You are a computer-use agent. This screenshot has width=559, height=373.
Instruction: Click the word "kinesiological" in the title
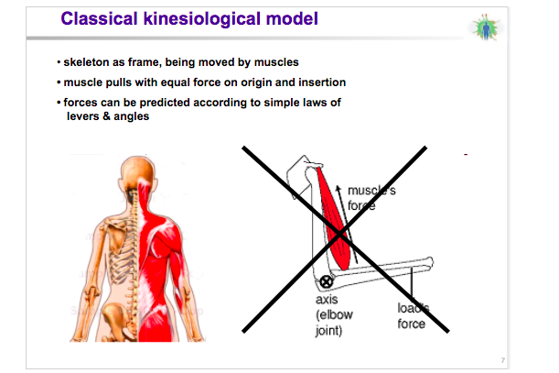[x=202, y=19]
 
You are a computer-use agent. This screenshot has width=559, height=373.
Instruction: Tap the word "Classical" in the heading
[x=99, y=18]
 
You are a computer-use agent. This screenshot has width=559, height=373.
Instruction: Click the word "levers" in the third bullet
[x=82, y=116]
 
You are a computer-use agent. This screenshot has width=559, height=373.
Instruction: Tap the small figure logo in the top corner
[x=485, y=27]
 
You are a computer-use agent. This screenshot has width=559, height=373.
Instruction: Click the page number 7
[x=502, y=360]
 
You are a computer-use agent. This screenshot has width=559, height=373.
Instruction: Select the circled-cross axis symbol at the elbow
[x=326, y=281]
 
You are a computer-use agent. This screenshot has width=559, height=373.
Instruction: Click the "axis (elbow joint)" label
[x=334, y=315]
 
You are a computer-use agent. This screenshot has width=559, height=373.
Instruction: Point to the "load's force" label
[x=414, y=316]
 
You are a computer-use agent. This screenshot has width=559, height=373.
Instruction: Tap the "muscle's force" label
[x=371, y=198]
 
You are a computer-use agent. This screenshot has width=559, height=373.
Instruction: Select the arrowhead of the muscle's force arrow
[x=339, y=188]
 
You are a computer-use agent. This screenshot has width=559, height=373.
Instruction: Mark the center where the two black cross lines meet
[x=339, y=235]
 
